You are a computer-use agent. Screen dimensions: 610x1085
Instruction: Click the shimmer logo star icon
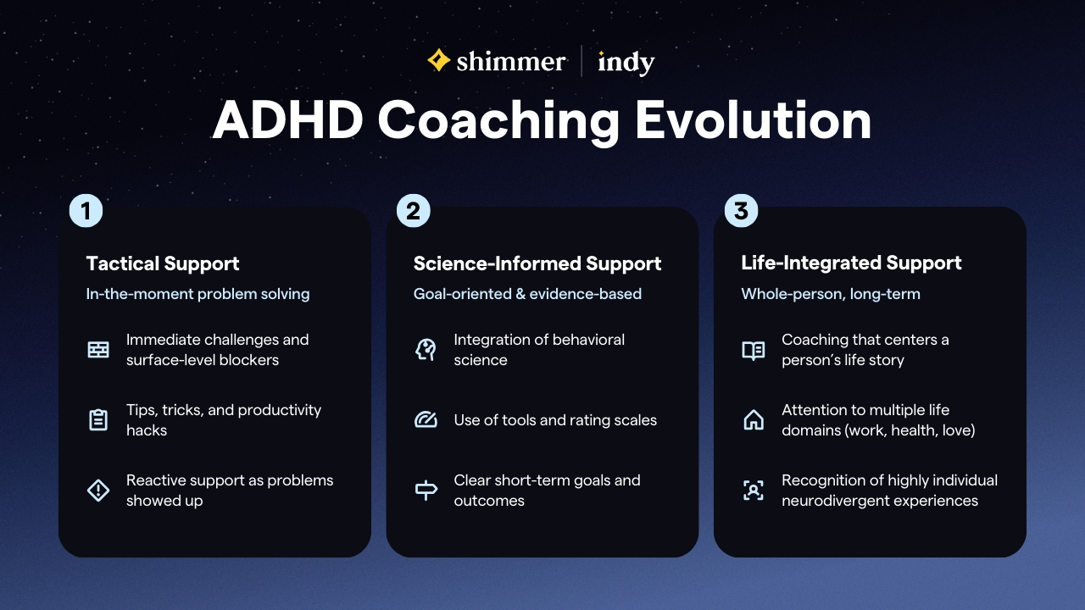[438, 60]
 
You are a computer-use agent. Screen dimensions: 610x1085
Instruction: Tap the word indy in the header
[626, 62]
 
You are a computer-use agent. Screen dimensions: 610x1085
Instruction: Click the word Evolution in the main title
[753, 120]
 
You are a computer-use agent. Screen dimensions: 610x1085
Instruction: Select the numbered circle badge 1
[86, 211]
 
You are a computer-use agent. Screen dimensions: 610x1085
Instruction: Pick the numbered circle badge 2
[413, 211]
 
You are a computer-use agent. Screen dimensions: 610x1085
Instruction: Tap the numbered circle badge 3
[741, 211]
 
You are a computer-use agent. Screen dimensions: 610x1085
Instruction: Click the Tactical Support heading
[163, 263]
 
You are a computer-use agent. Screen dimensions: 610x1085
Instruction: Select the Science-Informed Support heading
[537, 263]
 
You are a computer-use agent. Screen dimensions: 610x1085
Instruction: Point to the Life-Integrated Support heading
[851, 263]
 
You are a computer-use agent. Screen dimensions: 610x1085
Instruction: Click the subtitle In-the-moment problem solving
[198, 294]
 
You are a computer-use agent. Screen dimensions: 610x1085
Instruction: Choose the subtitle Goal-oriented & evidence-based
[527, 294]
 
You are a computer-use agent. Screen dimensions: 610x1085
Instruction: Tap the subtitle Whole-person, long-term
[830, 294]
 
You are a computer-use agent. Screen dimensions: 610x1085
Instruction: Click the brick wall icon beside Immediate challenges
[98, 350]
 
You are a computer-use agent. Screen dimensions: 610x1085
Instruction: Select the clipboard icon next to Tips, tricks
[98, 420]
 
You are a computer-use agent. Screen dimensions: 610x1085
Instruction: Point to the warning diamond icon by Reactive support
[98, 491]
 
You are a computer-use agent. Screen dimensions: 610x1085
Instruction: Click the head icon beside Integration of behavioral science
[426, 350]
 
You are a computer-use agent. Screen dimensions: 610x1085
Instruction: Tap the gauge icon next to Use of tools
[426, 420]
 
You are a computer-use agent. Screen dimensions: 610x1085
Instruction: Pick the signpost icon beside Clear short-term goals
[426, 491]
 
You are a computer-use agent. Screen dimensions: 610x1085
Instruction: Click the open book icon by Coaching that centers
[753, 350]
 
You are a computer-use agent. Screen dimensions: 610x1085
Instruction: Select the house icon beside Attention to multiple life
[753, 420]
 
